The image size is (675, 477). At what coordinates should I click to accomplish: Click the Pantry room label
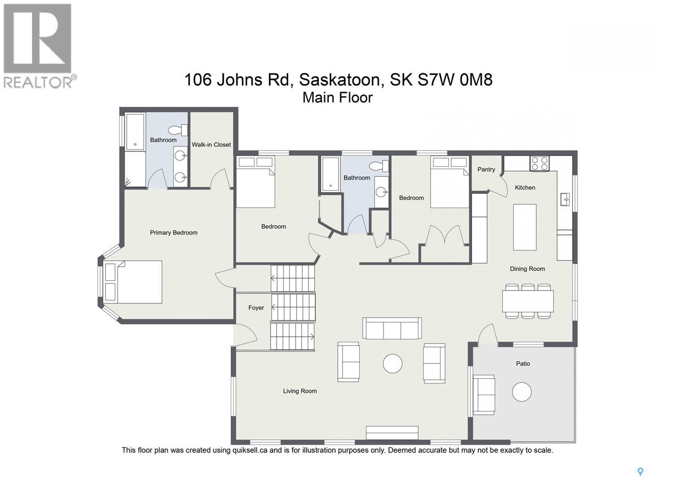[486, 169]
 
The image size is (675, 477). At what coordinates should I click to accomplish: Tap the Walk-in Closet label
[211, 144]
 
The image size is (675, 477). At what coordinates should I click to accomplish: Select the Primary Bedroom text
[173, 233]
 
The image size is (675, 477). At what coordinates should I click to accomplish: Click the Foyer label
[256, 308]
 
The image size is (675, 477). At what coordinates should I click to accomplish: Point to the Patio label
[523, 363]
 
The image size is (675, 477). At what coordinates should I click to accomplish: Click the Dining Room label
[527, 269]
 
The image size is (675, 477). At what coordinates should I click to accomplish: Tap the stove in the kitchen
[539, 163]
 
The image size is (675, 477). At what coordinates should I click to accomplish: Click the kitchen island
[524, 227]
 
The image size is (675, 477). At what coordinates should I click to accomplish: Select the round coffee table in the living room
[392, 363]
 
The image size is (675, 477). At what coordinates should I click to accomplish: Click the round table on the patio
[521, 392]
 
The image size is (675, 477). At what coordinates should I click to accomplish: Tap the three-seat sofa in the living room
[392, 328]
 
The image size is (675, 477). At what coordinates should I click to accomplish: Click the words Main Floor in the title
[337, 98]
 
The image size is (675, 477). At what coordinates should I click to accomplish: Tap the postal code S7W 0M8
[455, 80]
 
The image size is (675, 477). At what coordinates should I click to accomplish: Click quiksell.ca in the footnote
[250, 450]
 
